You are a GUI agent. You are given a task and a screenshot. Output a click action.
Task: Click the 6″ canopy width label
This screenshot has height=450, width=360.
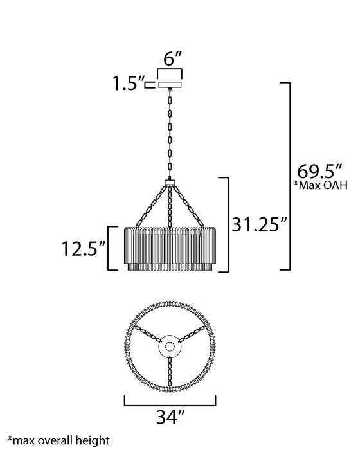tap(173, 59)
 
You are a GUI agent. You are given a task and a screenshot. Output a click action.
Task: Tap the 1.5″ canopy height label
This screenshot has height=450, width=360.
tap(128, 83)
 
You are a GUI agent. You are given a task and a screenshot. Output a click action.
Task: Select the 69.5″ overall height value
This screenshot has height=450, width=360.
tap(319, 172)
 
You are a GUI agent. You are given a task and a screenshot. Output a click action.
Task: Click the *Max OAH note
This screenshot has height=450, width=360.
tap(320, 185)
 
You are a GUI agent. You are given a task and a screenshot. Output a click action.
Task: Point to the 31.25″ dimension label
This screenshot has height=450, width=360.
tap(259, 224)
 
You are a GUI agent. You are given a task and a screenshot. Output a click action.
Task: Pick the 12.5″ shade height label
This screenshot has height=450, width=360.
tap(84, 249)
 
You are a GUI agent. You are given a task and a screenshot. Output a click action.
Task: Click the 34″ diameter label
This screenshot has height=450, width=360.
tap(171, 417)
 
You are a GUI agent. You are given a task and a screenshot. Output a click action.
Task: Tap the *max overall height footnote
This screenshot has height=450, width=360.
tap(59, 440)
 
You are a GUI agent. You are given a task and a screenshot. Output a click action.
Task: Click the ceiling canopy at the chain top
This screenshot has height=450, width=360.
tap(170, 85)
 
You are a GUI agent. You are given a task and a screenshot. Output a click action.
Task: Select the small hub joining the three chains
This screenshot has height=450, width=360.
tap(170, 182)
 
